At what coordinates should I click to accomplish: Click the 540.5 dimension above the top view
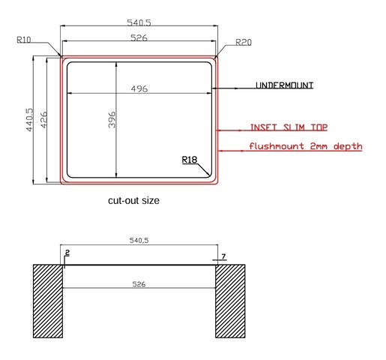coord(139,22)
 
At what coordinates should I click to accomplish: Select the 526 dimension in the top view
coord(139,37)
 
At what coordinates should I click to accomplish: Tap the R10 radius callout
coord(24,40)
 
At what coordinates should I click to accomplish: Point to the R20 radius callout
coord(244,43)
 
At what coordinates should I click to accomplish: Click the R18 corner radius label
coord(190,160)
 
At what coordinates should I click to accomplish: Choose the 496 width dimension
coord(139,88)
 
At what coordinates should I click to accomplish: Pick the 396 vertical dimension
coord(112,120)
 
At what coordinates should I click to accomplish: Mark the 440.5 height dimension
coord(29,120)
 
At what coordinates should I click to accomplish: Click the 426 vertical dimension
coord(43,120)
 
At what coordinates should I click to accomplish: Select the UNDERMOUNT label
coord(284,85)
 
